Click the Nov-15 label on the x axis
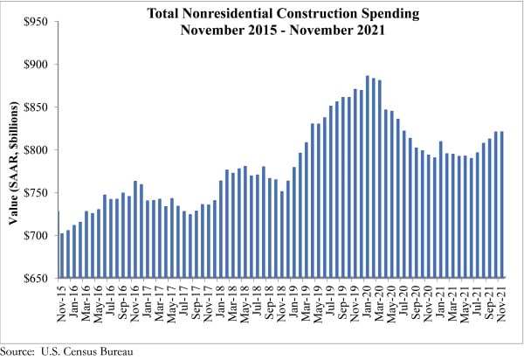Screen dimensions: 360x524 pyautogui.click(x=62, y=302)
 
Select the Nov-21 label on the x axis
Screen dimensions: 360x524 pyautogui.click(x=503, y=302)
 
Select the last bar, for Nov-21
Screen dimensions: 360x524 pyautogui.click(x=503, y=205)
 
